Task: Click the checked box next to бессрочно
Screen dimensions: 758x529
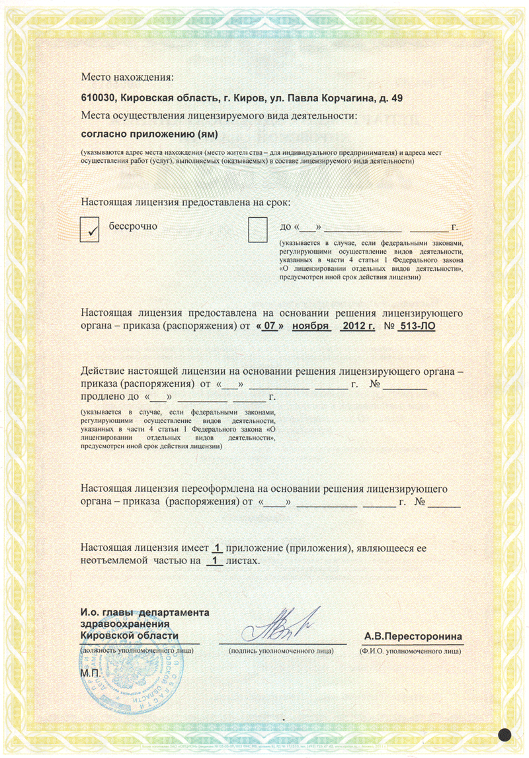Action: pyautogui.click(x=89, y=229)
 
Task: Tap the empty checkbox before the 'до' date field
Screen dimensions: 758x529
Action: pyautogui.click(x=257, y=229)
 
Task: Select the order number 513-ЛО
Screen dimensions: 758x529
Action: pyautogui.click(x=417, y=326)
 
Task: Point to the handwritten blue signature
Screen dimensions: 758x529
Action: pyautogui.click(x=281, y=626)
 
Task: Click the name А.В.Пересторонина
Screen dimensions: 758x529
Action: pyautogui.click(x=413, y=637)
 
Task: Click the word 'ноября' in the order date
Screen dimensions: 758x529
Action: pyautogui.click(x=311, y=326)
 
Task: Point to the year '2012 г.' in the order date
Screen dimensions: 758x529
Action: pyautogui.click(x=358, y=326)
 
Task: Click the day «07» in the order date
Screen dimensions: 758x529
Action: pyautogui.click(x=269, y=326)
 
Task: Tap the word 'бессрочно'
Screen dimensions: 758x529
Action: pyautogui.click(x=133, y=226)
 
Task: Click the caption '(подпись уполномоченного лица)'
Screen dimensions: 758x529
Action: pyautogui.click(x=281, y=651)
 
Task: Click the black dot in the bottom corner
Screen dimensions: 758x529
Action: pyautogui.click(x=506, y=735)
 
